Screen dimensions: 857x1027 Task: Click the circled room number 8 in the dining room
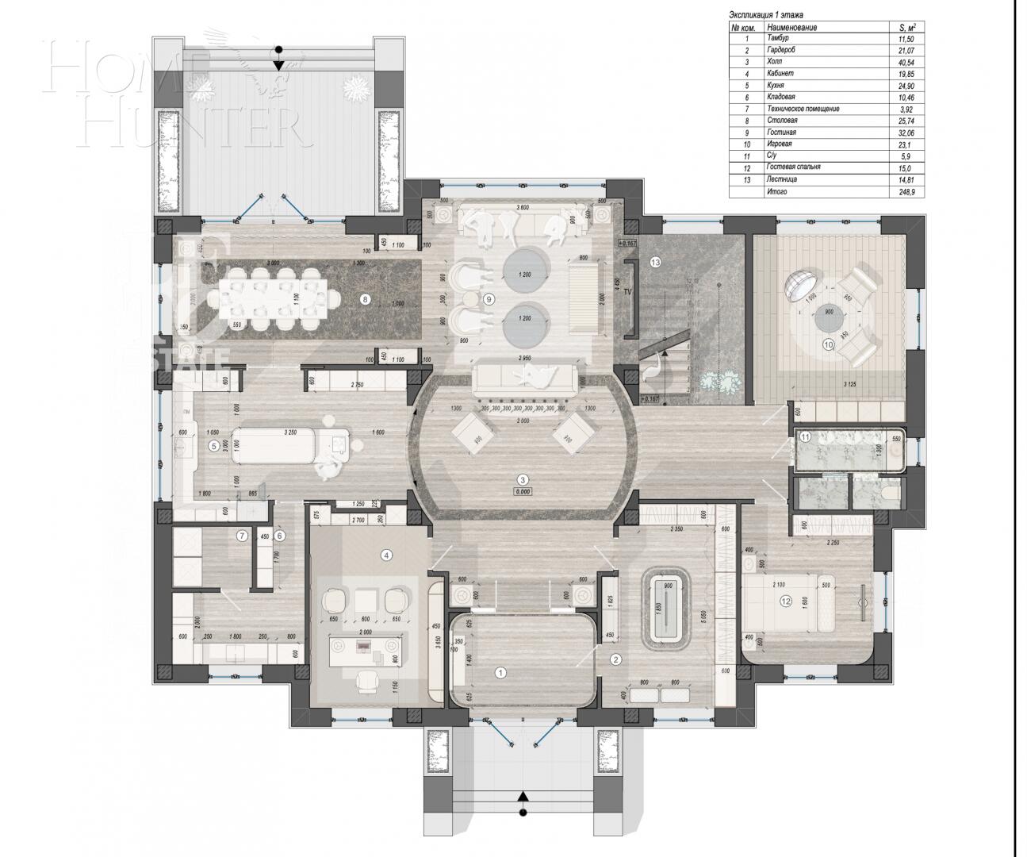[x=365, y=299]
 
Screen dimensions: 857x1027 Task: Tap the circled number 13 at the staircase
[x=655, y=261]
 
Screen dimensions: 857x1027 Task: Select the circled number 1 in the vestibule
[x=500, y=672]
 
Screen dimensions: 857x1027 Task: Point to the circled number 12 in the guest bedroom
[x=786, y=601]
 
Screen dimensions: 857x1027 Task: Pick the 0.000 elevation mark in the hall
[x=523, y=491]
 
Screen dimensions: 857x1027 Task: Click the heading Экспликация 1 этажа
[x=766, y=15]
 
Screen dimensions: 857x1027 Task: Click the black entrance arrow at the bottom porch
[x=522, y=796]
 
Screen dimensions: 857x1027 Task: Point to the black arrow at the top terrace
[x=278, y=65]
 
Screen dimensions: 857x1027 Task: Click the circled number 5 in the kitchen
[x=213, y=446]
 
